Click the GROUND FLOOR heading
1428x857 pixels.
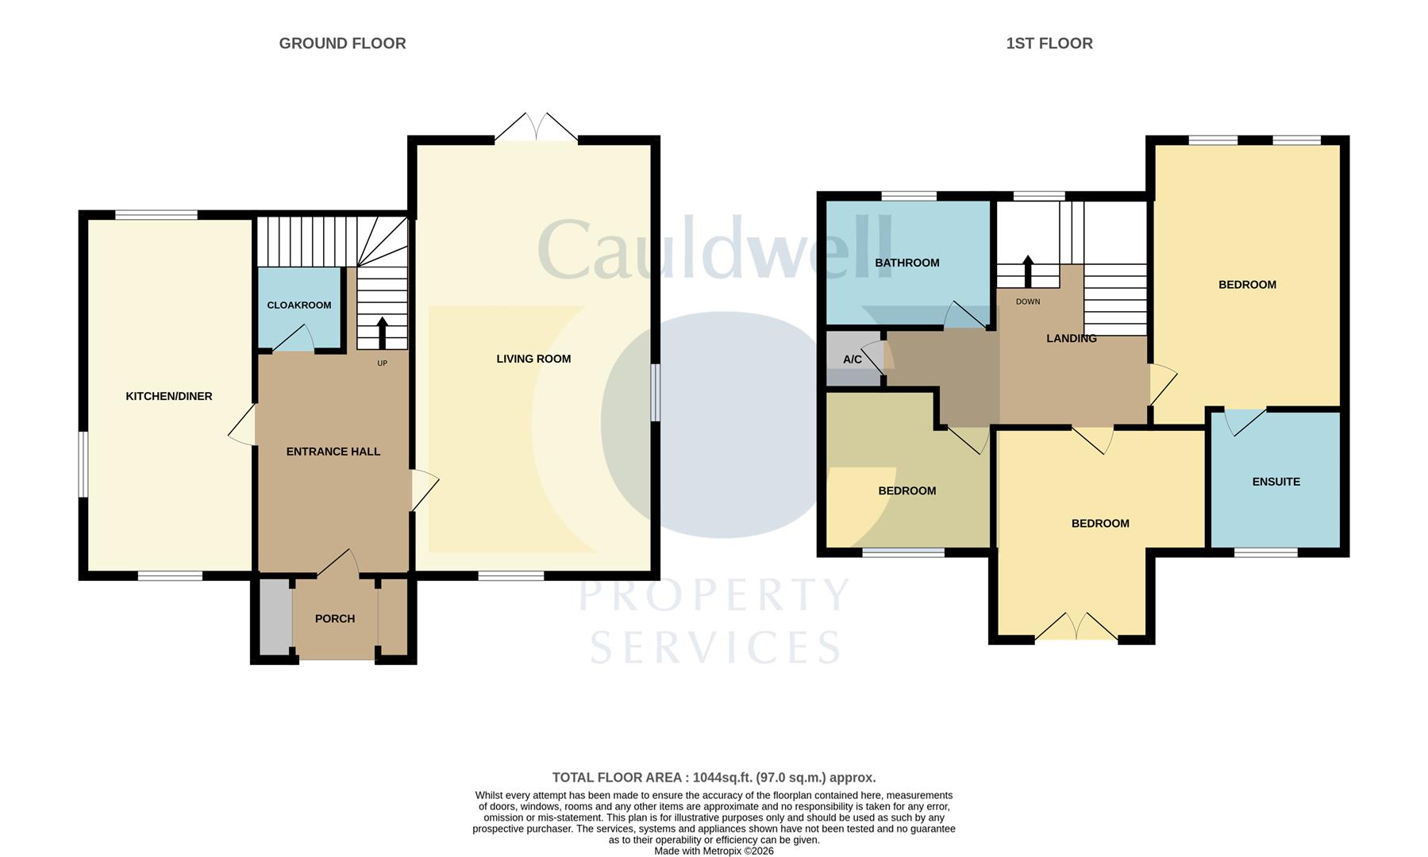point(342,44)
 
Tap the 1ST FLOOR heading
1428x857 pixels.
point(1049,44)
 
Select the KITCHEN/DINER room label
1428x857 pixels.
point(169,396)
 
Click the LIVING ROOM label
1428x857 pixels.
point(533,359)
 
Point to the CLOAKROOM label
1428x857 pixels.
point(299,306)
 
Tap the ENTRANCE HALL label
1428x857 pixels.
point(333,452)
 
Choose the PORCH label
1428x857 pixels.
point(335,619)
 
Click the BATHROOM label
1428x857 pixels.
point(907,263)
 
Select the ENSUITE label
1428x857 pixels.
point(1276,482)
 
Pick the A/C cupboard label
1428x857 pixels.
point(853,359)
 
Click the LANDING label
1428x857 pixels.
point(1072,338)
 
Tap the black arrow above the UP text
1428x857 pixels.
point(382,333)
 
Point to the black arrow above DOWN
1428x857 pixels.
point(1028,271)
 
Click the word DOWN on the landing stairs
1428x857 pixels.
point(1028,302)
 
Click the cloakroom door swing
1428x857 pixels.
point(294,339)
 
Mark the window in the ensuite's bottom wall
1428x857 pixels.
point(1266,552)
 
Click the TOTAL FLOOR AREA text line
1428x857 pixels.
point(714,778)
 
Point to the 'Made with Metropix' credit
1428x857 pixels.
point(714,851)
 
